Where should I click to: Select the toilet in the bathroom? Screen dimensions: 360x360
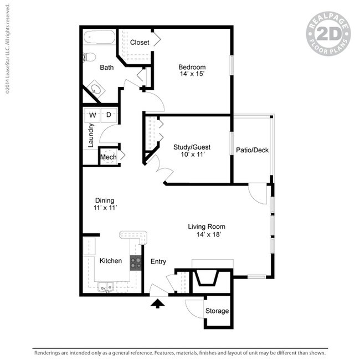pyautogui.click(x=89, y=56)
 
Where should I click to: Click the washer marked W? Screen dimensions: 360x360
pyautogui.click(x=92, y=115)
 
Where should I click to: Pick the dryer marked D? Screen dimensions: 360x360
pyautogui.click(x=109, y=115)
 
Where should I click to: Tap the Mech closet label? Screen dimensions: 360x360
pyautogui.click(x=107, y=158)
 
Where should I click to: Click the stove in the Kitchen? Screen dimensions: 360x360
pyautogui.click(x=136, y=263)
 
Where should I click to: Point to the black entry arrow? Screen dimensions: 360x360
pyautogui.click(x=158, y=302)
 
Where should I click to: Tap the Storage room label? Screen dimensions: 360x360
pyautogui.click(x=217, y=311)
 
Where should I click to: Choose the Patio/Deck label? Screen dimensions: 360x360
pyautogui.click(x=252, y=150)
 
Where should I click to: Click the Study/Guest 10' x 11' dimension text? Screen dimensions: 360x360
pyautogui.click(x=192, y=155)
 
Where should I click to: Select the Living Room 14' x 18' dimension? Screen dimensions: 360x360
pyautogui.click(x=206, y=234)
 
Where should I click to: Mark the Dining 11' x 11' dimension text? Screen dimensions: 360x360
pyautogui.click(x=105, y=208)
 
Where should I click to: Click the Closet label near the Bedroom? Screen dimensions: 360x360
pyautogui.click(x=139, y=42)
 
